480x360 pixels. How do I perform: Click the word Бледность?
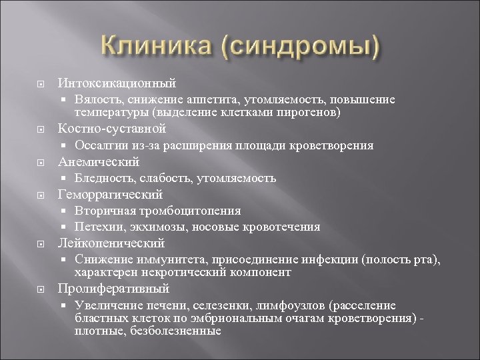pyautogui.click(x=102, y=178)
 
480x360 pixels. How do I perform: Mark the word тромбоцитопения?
pyautogui.click(x=192, y=211)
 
